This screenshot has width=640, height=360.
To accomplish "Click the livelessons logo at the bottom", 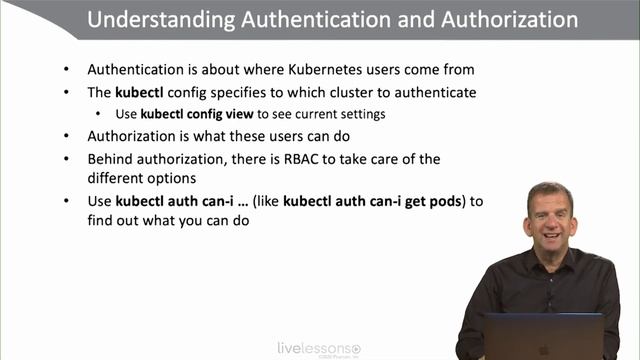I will click(319, 348).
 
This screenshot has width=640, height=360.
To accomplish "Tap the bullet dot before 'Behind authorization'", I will click(66, 159).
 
